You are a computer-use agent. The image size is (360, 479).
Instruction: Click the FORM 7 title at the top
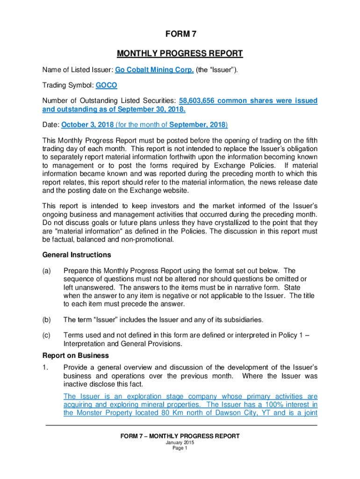click(180, 34)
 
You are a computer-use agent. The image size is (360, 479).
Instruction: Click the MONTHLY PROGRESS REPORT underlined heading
click(180, 53)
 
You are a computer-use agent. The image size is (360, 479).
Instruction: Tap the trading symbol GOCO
click(107, 86)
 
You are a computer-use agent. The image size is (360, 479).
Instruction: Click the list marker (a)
click(47, 271)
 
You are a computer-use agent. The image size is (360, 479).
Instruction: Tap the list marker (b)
click(47, 320)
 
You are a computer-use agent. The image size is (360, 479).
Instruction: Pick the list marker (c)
click(47, 335)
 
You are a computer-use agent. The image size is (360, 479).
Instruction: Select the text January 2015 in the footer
click(180, 443)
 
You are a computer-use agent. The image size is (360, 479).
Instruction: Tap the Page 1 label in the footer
click(180, 448)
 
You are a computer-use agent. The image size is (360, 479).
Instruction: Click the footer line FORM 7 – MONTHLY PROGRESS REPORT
click(180, 436)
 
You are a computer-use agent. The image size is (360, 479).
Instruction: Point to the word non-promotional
click(148, 239)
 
